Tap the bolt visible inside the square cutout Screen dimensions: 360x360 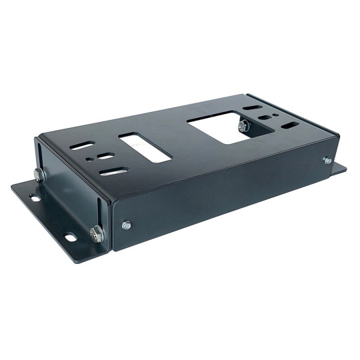(243, 125)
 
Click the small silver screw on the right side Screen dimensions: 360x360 (327, 161)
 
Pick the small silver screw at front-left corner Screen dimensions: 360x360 (127, 225)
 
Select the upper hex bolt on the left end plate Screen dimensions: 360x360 (39, 175)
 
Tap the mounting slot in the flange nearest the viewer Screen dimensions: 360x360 (69, 237)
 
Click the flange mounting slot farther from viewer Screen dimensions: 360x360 (33, 197)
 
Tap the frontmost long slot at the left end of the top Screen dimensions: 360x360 (114, 171)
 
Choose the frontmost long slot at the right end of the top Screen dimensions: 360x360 (290, 125)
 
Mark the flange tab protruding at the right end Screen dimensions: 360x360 (339, 169)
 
